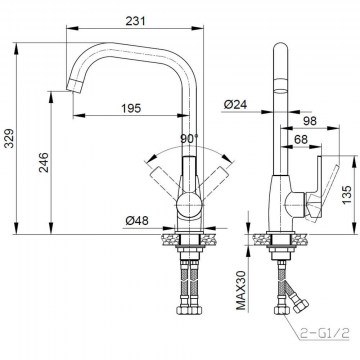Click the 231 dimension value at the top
tap(135, 21)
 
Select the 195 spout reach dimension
tap(131, 108)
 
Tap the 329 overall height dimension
tap(9, 138)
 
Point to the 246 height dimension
tap(43, 162)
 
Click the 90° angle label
tap(189, 139)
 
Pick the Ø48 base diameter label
tap(137, 220)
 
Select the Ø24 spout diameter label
tap(235, 105)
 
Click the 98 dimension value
tap(310, 121)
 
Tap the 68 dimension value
tap(301, 139)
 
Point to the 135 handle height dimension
tap(347, 195)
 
